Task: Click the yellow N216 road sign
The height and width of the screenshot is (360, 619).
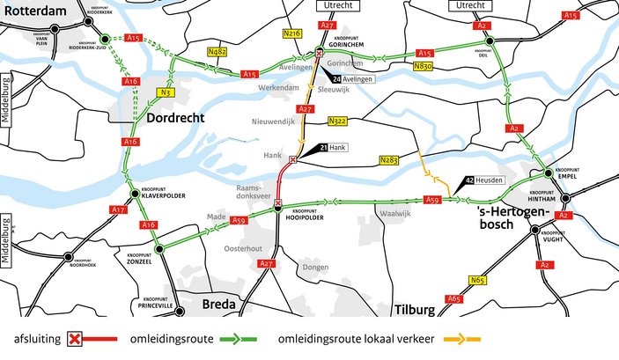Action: [x=293, y=33]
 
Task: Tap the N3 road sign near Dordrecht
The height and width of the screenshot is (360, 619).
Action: [x=165, y=92]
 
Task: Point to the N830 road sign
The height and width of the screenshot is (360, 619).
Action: [x=423, y=65]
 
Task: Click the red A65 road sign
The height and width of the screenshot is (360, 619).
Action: [x=454, y=299]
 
